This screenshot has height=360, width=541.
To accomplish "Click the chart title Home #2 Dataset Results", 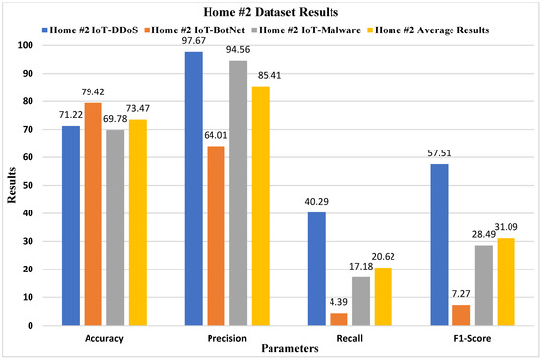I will [x=270, y=12].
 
